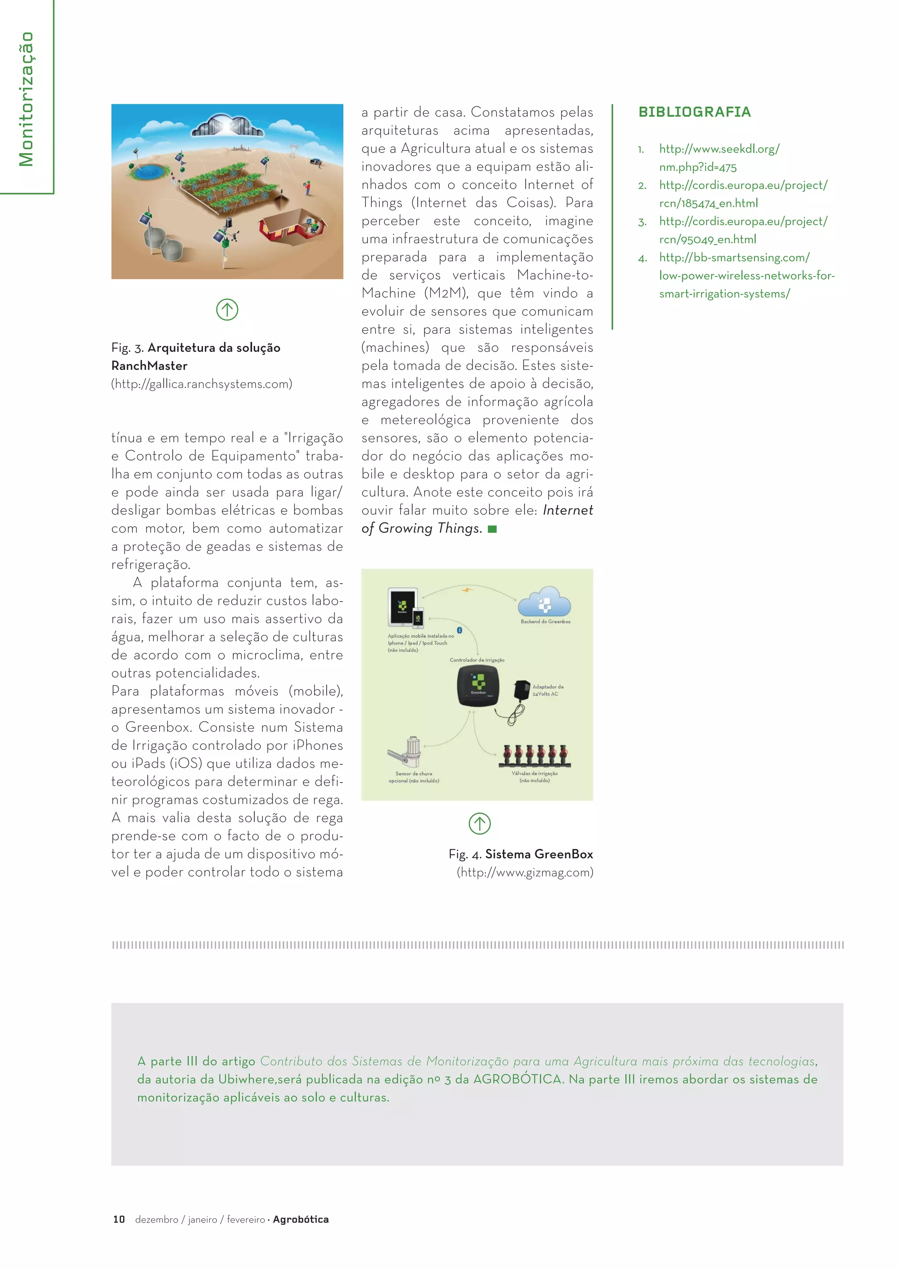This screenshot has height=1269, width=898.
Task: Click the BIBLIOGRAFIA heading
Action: click(x=694, y=112)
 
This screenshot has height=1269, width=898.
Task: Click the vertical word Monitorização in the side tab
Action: click(x=26, y=99)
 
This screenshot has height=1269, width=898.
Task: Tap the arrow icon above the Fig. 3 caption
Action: click(x=227, y=309)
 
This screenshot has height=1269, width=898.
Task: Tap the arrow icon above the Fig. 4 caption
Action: click(x=479, y=823)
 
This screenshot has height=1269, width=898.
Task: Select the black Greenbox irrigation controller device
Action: click(x=478, y=685)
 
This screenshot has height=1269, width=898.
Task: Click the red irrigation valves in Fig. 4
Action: click(x=535, y=755)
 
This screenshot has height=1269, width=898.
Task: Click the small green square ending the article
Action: click(x=492, y=529)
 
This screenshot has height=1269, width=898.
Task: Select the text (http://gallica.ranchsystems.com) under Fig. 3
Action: click(x=201, y=383)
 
